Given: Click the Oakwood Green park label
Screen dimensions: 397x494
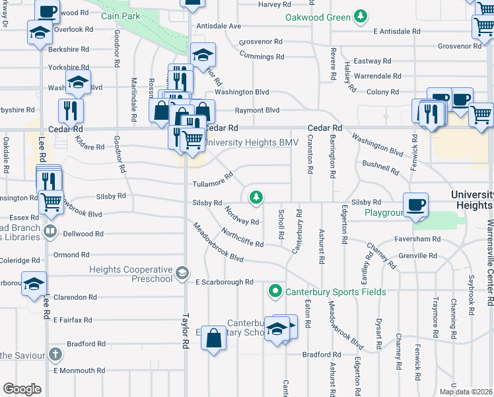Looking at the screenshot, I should point(318,17).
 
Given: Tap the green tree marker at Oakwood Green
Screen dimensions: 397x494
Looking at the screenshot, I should point(360,15).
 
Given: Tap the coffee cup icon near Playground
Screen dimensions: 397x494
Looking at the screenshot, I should point(415,204).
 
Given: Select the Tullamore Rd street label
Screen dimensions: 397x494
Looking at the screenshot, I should point(213,180).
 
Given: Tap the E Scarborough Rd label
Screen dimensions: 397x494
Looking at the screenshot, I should point(225,282).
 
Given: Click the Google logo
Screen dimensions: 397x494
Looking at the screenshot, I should point(22,389).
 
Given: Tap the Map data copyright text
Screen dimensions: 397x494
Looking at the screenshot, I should point(466,392).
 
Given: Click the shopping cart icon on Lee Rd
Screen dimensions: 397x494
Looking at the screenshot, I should point(50,202).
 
